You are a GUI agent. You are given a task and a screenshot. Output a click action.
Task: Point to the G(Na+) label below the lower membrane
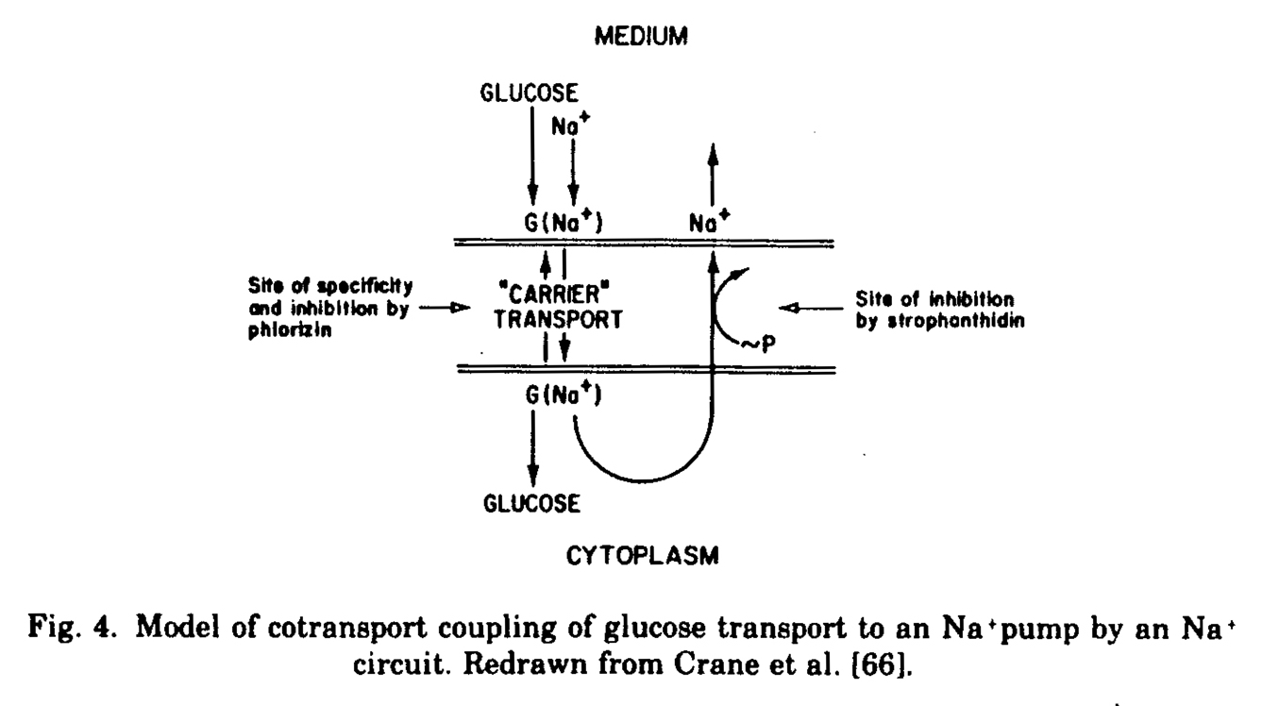click(x=564, y=395)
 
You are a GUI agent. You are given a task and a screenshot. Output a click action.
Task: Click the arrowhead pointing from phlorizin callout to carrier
click(x=461, y=308)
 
